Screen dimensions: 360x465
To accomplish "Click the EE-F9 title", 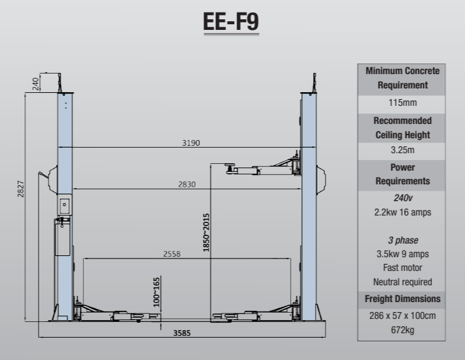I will point(231,21).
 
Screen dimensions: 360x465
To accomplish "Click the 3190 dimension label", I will point(190,143).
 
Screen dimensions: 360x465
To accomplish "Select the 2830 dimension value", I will point(186,184).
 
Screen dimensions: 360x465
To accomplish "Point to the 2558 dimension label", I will point(172,254).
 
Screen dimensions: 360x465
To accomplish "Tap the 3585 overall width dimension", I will point(182,333).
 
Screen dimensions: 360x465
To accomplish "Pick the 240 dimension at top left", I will point(35,83).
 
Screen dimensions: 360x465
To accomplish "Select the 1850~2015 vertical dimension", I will point(207,232).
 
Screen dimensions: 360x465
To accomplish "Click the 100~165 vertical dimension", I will point(157,291).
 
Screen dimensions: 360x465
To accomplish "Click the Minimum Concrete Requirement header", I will point(402,78).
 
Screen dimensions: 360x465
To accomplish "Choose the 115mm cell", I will point(402,102).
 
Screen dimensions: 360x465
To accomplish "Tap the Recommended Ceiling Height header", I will point(402,127).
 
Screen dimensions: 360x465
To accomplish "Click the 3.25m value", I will point(402,150).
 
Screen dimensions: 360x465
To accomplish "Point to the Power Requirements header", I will point(402,174).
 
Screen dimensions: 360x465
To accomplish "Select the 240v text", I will point(402,198).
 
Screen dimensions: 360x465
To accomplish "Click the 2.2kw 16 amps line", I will point(402,212).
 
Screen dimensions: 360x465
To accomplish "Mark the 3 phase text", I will point(402,240).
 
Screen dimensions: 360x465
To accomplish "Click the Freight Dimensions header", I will point(402,299).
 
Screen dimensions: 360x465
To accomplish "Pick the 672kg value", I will point(402,329).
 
